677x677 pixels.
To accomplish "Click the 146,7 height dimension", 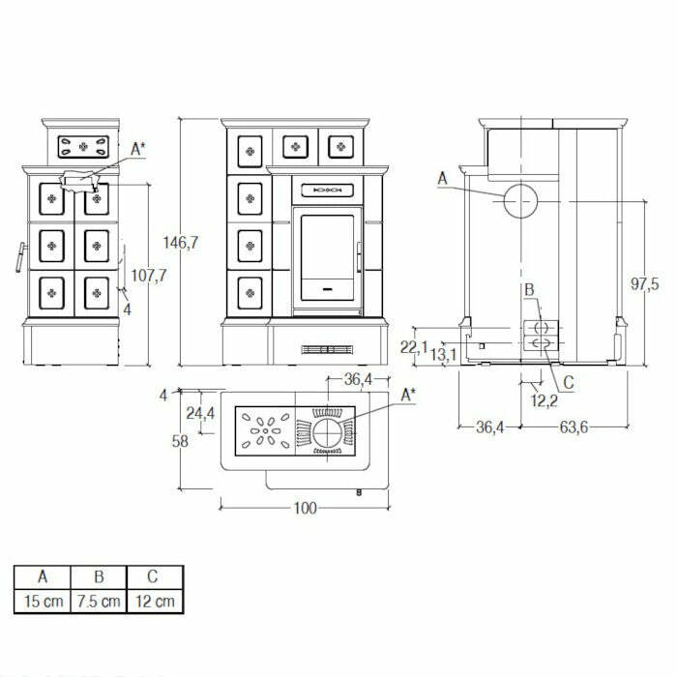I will point(181,244).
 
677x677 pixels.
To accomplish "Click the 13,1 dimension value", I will point(445,355).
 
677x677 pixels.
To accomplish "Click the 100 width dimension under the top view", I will point(305,509).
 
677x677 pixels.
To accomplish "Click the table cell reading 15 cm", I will point(41,601).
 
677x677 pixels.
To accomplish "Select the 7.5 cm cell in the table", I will point(98,601).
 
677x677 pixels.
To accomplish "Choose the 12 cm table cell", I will point(155,601).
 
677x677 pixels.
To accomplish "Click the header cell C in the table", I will point(155,578).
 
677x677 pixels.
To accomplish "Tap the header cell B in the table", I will point(98,578).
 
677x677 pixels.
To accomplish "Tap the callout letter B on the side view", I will point(529,289).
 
